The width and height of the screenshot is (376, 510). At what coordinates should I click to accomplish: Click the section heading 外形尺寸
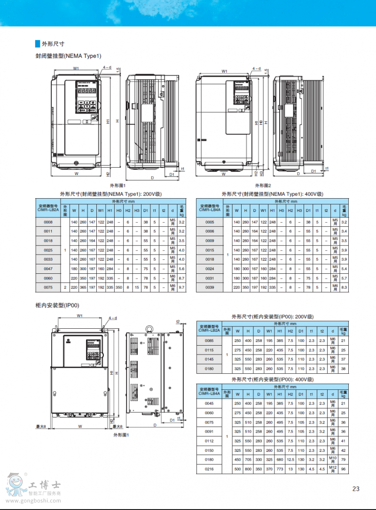(53, 44)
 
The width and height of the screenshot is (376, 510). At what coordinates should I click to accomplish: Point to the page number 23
(356, 489)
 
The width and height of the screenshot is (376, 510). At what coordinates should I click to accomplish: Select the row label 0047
(48, 269)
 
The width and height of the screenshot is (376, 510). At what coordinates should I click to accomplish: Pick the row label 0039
(210, 287)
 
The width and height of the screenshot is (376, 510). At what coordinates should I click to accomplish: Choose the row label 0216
(209, 469)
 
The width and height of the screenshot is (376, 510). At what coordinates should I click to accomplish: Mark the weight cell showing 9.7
(181, 286)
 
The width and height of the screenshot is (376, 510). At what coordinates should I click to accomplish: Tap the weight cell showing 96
(343, 469)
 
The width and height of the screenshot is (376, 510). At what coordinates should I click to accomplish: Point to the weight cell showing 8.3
(344, 287)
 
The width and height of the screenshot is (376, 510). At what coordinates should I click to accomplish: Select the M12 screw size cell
(332, 469)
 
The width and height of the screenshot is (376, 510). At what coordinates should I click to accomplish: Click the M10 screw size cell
(332, 459)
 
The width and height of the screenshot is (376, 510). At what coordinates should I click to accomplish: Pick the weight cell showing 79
(343, 459)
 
